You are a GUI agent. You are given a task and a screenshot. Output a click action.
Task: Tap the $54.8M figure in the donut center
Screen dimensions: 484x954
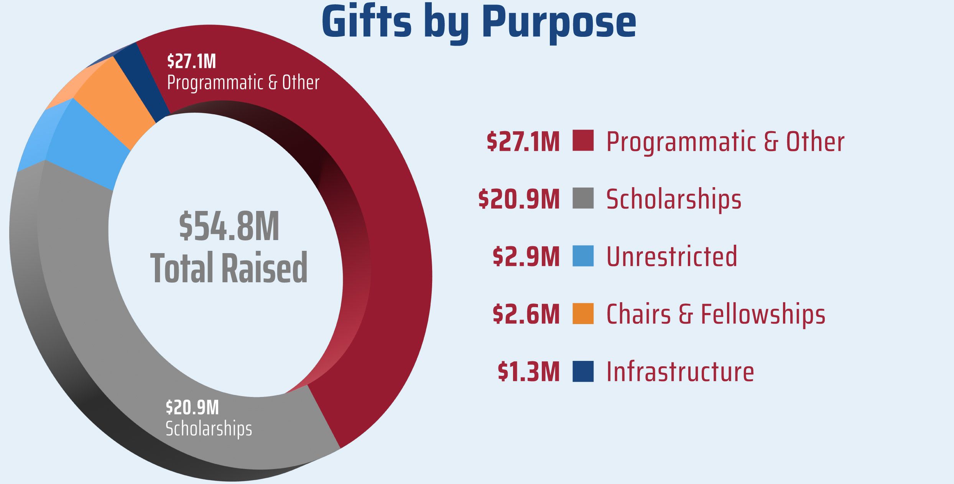[x=229, y=227]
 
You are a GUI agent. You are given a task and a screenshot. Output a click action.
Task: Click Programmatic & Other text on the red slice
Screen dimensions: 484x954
[x=243, y=82]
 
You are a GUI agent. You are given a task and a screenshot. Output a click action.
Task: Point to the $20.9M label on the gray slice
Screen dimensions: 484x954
[x=192, y=407]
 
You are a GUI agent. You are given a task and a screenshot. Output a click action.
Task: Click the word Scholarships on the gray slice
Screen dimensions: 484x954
[x=209, y=428]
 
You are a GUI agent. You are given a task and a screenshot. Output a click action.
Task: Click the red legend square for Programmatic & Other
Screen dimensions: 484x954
[x=583, y=140]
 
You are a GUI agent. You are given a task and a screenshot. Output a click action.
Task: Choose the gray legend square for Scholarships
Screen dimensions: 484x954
[x=583, y=198]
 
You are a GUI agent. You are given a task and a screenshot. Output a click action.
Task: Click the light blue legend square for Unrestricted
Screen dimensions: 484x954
[x=583, y=256]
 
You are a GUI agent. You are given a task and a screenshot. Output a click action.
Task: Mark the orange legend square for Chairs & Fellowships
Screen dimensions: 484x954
[x=583, y=313]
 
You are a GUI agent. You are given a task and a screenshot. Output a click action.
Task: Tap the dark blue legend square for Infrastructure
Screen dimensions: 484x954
[x=583, y=371]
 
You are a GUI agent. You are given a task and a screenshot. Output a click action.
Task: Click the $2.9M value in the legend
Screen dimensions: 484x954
[x=526, y=257]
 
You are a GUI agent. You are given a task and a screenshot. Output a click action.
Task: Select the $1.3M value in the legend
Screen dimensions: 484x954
[x=528, y=372]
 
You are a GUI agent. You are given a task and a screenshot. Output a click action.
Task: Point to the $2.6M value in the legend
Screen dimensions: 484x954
[x=526, y=314]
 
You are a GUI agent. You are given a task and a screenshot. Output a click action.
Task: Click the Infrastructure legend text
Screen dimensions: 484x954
[x=680, y=372]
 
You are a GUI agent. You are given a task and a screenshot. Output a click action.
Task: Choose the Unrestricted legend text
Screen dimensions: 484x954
[x=671, y=256]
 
